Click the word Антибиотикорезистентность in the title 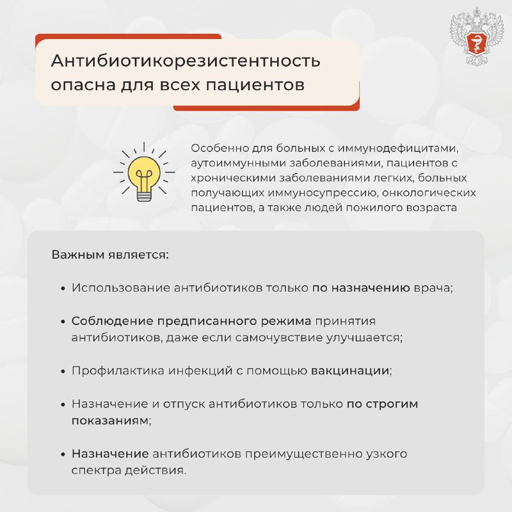pyautogui.click(x=186, y=62)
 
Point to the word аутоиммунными pyautogui.click(x=227, y=163)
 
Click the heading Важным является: pyautogui.click(x=110, y=255)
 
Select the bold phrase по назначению pyautogui.click(x=361, y=288)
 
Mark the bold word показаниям pyautogui.click(x=111, y=420)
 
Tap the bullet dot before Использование pyautogui.click(x=63, y=289)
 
